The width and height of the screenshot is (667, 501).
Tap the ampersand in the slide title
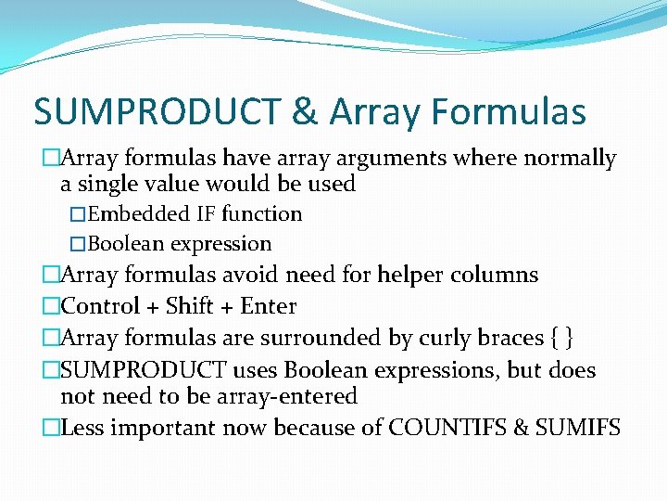pyautogui.click(x=304, y=112)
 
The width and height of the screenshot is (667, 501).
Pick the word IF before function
pyautogui.click(x=207, y=214)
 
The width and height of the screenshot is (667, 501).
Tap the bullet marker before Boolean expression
pyautogui.click(x=79, y=245)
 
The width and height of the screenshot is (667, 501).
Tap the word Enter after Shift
pyautogui.click(x=269, y=306)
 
